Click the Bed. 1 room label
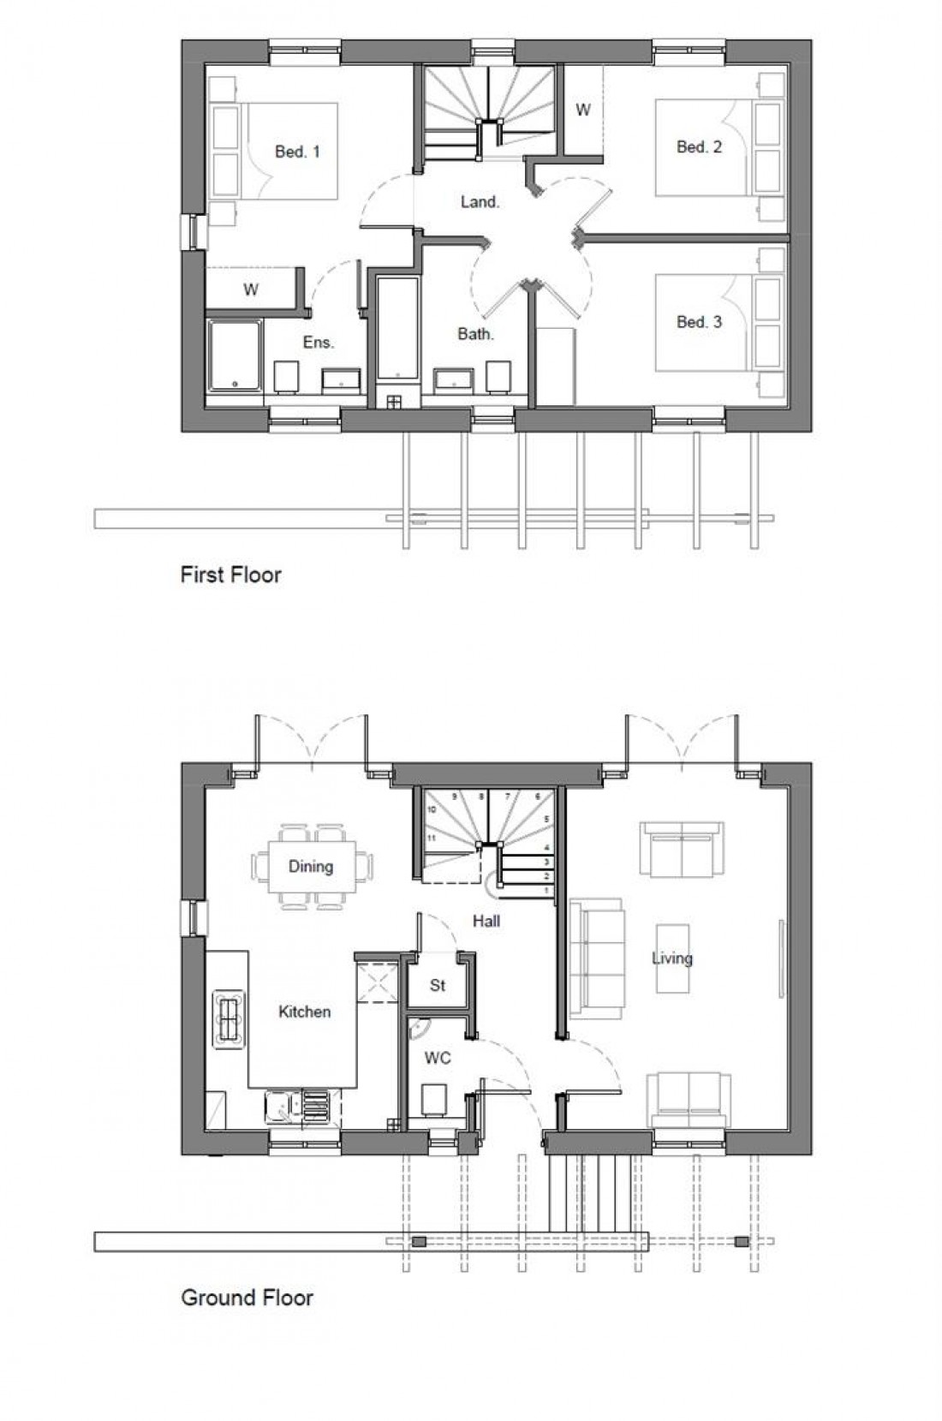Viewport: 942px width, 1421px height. coord(297,152)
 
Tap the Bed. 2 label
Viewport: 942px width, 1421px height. coord(699,146)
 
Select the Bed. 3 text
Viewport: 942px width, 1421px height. coord(699,322)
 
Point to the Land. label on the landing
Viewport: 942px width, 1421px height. coord(480,202)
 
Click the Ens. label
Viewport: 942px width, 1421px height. coord(319,342)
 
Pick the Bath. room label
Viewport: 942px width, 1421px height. coord(475,334)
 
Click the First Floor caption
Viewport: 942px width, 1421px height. coord(230,574)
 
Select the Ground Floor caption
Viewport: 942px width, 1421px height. coord(247,1297)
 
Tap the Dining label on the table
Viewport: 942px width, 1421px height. coord(310,866)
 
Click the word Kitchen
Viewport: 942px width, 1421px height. coord(304,1012)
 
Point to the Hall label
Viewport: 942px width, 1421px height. coord(486,921)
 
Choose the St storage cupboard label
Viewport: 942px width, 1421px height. coord(438,985)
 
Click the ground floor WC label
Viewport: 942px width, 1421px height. coord(438,1059)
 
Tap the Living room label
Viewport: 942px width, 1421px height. coord(671,958)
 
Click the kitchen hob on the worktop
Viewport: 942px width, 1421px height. coord(228,1018)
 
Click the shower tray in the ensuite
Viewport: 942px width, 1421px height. coord(235,356)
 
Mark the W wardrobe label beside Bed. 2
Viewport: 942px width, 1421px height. coord(582,110)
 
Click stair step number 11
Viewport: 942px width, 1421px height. coord(432,838)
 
